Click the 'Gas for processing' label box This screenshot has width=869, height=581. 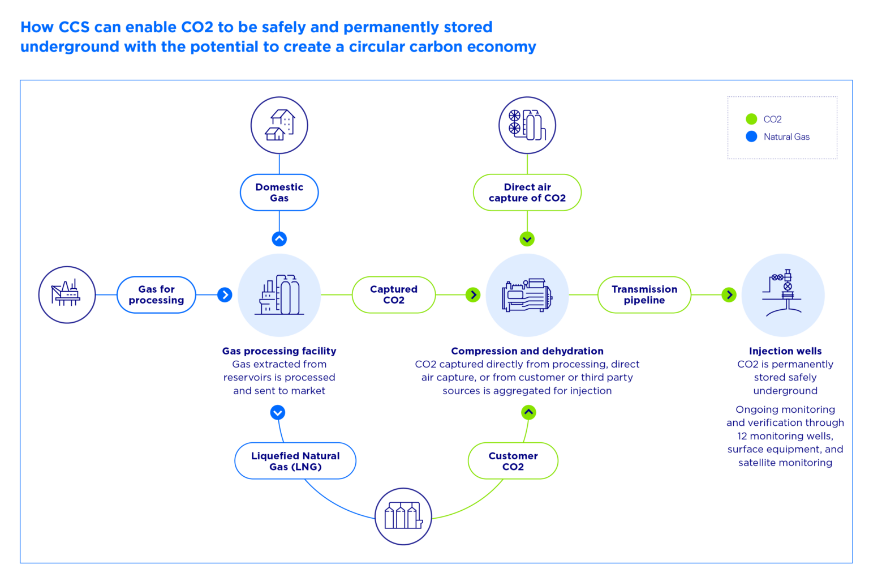click(156, 294)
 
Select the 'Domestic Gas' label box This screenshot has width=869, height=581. click(279, 193)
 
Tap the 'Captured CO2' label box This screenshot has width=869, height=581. click(393, 294)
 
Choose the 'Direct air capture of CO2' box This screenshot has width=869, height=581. click(527, 193)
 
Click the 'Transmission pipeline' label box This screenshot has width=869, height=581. click(644, 294)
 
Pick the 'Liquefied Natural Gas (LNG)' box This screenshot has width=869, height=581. click(295, 461)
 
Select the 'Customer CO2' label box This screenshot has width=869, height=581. click(513, 461)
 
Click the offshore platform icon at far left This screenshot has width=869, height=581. click(67, 294)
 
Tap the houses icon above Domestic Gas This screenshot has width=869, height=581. click(279, 125)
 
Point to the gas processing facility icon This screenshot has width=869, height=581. click(279, 295)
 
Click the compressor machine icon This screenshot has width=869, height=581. click(527, 295)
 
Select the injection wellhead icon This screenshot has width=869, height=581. click(783, 295)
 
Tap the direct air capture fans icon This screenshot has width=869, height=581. click(527, 125)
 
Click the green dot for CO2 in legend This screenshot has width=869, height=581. click(751, 119)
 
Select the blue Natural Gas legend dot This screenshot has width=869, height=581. click(751, 136)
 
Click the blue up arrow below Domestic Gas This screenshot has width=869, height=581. click(279, 239)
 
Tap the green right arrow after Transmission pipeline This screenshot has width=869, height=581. click(729, 295)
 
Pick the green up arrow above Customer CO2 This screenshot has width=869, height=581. click(528, 412)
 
